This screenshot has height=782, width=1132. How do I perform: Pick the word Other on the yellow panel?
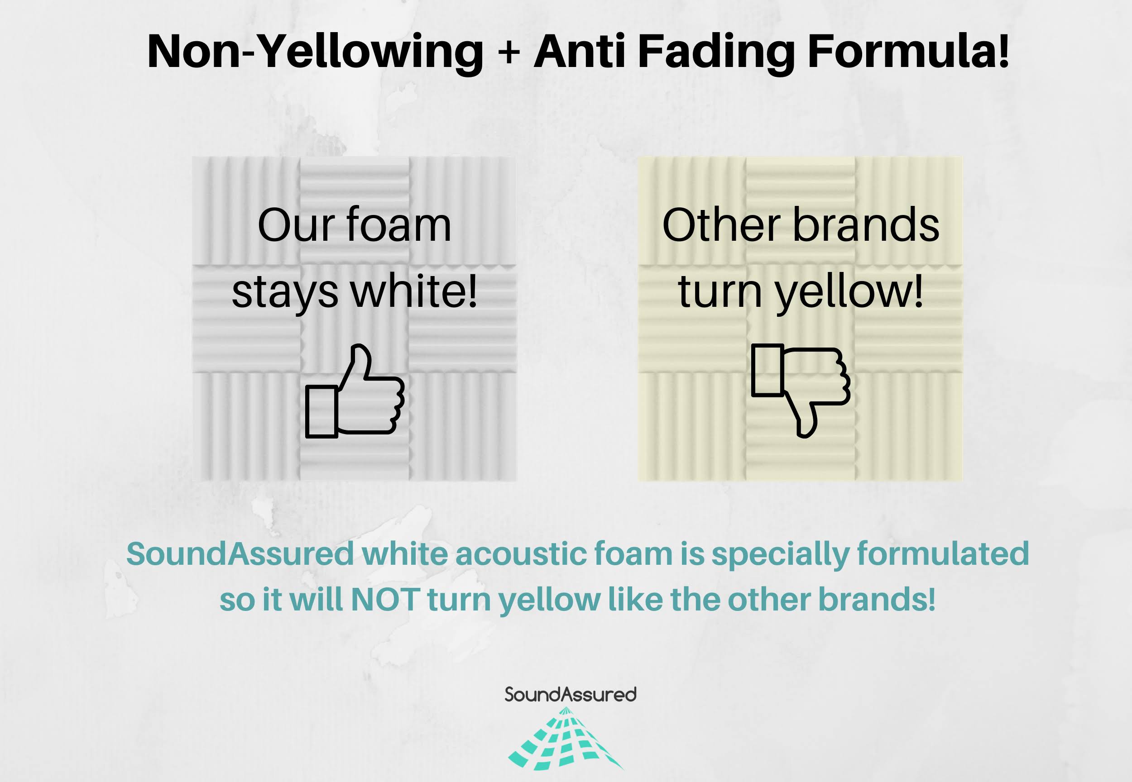point(720,225)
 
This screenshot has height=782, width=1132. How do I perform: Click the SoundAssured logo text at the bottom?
point(571,695)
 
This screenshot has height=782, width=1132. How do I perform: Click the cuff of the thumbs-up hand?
point(321,411)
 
